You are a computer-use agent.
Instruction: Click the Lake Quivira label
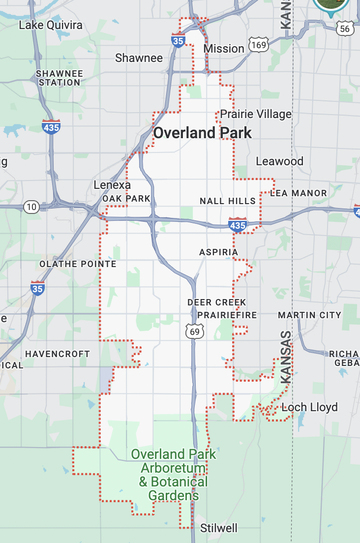[51, 25]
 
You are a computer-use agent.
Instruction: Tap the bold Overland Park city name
[203, 133]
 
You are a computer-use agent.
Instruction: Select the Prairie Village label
[256, 114]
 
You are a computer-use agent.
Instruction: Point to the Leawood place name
[279, 161]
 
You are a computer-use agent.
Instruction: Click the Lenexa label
[112, 185]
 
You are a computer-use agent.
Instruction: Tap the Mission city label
[224, 49]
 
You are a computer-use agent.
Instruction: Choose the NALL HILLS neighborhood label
[228, 201]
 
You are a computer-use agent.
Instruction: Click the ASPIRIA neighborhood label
[218, 252]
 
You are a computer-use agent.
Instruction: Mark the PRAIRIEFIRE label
[227, 315]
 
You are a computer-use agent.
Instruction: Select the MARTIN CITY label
[309, 315]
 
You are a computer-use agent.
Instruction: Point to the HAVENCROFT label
[58, 354]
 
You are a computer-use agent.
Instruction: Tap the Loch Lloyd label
[309, 407]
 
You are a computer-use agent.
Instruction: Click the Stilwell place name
[219, 528]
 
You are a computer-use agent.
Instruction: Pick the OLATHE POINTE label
[78, 264]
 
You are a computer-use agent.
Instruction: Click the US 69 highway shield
[195, 332]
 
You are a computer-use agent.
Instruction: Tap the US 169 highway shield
[258, 45]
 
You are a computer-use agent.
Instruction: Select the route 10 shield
[31, 207]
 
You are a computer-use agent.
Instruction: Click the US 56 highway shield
[345, 29]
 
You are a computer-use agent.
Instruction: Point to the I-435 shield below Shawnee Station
[51, 127]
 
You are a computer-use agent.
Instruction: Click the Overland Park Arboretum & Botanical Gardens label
[174, 475]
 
